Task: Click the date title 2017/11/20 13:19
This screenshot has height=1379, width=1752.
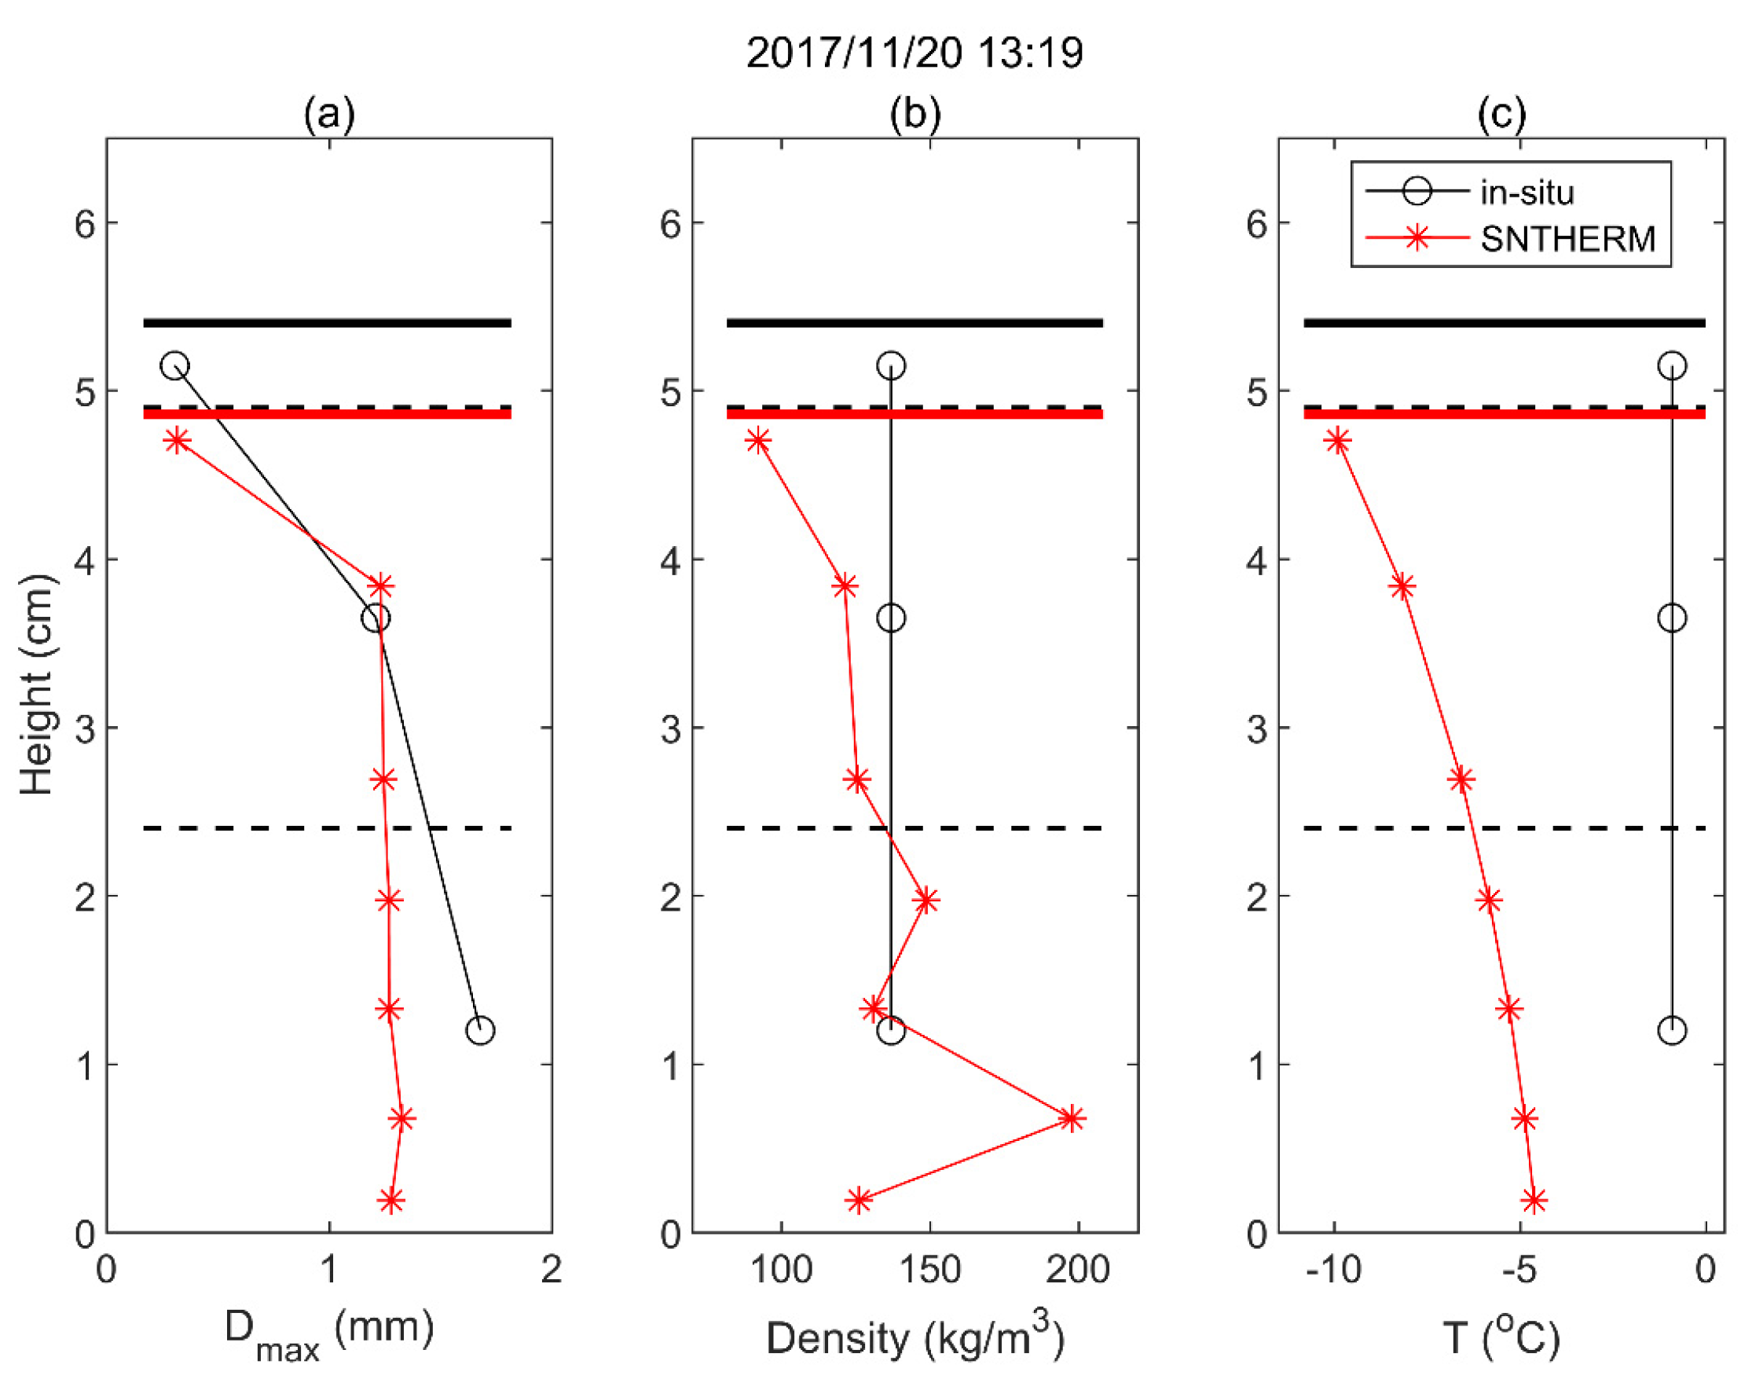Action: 914,54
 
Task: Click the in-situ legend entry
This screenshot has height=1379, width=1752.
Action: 1527,193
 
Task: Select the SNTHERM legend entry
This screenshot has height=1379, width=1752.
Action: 1567,239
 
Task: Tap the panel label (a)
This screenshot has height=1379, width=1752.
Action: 329,114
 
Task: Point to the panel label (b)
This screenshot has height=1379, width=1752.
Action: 914,114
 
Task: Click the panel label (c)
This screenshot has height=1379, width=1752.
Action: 1501,114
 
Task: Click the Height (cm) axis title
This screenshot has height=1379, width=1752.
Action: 36,684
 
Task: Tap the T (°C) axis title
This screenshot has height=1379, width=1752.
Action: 1501,1338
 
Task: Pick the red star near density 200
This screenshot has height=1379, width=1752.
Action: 1072,1119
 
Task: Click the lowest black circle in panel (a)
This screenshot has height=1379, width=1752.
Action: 479,1030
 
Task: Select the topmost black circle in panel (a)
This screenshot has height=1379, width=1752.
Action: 174,365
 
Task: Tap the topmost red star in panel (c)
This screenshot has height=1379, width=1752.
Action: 1338,442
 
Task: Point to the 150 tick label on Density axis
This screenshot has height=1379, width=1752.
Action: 929,1270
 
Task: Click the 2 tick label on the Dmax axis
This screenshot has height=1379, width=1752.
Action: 552,1270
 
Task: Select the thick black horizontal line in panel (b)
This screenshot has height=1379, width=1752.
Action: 914,323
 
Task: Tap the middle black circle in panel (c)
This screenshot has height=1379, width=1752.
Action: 1671,618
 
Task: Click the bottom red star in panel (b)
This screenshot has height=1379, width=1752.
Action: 859,1201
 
